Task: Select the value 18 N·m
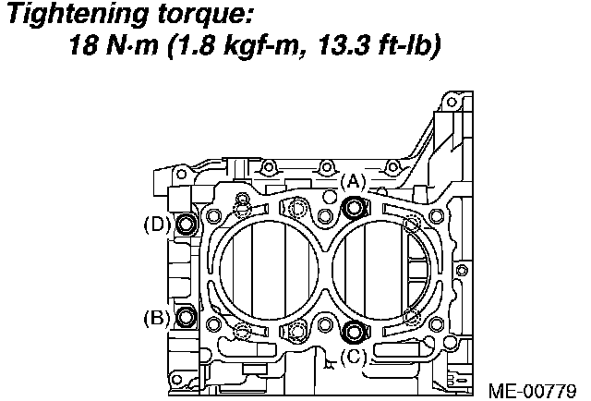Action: click(114, 45)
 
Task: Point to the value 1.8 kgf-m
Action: click(234, 45)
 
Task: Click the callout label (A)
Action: click(353, 182)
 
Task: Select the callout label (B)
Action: click(156, 318)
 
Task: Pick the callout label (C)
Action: click(353, 356)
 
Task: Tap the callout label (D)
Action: click(156, 225)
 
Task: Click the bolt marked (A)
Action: click(354, 208)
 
